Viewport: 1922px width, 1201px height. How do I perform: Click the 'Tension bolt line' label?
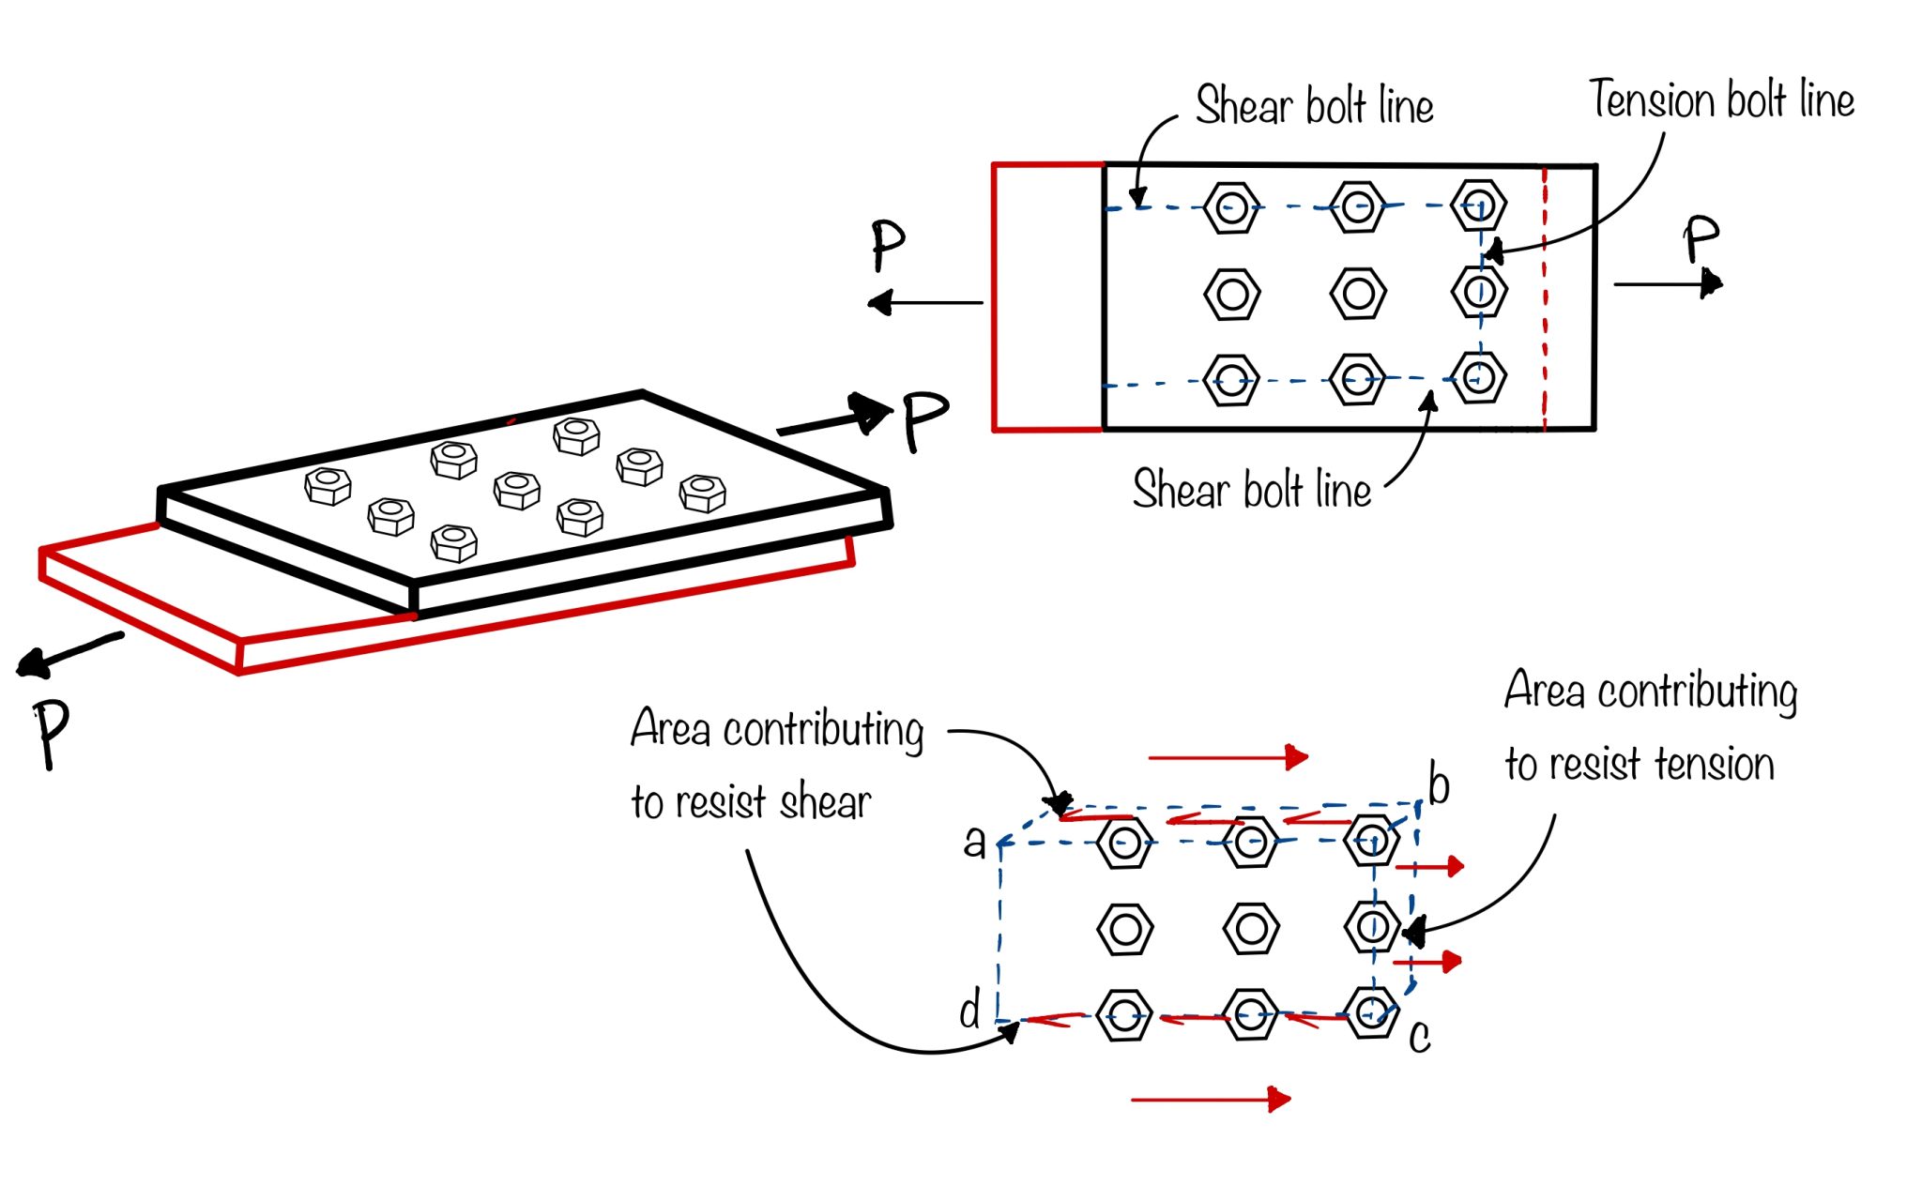(x=1721, y=99)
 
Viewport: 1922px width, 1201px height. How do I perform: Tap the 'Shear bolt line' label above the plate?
(x=1314, y=105)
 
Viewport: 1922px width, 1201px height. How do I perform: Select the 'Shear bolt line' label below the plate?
(x=1251, y=490)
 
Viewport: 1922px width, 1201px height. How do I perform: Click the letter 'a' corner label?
(x=975, y=843)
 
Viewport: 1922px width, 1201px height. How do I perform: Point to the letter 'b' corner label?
(x=1439, y=784)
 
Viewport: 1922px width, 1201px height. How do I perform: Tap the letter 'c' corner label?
(x=1420, y=1037)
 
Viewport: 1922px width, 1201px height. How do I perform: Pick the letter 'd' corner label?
(x=969, y=1011)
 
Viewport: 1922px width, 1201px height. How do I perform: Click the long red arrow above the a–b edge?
(x=1228, y=757)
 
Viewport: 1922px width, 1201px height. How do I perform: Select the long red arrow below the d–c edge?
(x=1211, y=1099)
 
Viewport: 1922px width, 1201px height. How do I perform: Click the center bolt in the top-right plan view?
(x=1357, y=294)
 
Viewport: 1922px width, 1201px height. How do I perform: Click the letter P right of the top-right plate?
(x=1700, y=239)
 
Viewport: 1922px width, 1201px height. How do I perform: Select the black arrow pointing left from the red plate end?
(x=924, y=303)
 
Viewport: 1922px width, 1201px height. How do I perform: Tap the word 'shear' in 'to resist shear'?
(x=825, y=803)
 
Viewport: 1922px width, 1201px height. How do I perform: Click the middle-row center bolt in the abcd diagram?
(x=1251, y=929)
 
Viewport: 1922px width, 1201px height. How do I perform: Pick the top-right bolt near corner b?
(x=1371, y=841)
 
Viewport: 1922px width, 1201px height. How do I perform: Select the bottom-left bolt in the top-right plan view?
(x=1230, y=380)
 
